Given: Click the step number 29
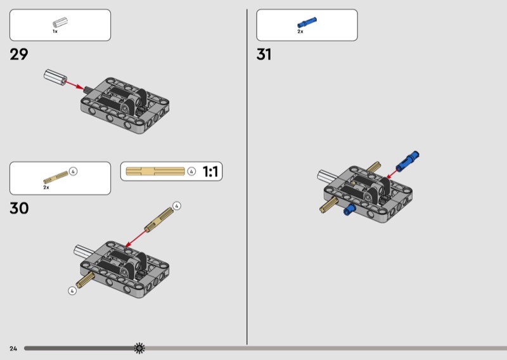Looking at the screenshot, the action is point(19,55).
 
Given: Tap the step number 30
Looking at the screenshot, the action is point(19,208).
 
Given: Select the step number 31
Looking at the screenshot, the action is point(264,55).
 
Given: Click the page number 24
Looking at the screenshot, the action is point(13,349).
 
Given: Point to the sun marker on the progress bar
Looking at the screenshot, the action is point(139,348).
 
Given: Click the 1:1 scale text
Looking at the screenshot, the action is point(210,171).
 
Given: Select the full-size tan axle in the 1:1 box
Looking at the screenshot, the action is point(155,171).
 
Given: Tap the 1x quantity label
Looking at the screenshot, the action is point(55,32).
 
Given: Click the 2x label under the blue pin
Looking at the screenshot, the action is point(300,32).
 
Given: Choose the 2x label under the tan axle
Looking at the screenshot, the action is point(46,187).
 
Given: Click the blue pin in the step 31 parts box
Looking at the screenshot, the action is point(307,23).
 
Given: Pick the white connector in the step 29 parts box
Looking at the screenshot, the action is point(60,23).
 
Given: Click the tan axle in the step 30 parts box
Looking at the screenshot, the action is point(56,177).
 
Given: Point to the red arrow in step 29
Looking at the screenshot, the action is point(74,85).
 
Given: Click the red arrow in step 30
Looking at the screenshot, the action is point(136,238).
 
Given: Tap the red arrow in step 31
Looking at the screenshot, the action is point(392,173).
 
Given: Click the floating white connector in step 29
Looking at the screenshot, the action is point(55,77).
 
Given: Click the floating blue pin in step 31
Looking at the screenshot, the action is point(408,161).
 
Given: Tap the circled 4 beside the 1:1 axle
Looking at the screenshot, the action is point(191,171).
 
